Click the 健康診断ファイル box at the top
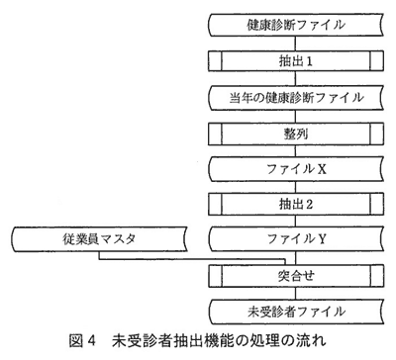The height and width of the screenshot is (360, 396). click(x=296, y=25)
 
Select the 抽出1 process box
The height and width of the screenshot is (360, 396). click(x=296, y=61)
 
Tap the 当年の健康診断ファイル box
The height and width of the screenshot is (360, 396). click(x=296, y=98)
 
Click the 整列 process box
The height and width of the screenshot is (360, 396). click(x=296, y=134)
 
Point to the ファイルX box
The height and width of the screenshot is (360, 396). click(x=296, y=169)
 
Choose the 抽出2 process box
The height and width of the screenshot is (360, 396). click(x=296, y=204)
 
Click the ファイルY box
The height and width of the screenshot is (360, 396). click(x=296, y=238)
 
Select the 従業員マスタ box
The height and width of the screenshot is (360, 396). click(x=99, y=238)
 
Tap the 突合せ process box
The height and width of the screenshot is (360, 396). click(x=296, y=276)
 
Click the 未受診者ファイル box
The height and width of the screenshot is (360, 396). click(x=296, y=312)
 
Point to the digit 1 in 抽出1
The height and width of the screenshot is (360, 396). click(x=309, y=61)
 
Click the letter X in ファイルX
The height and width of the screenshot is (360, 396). click(x=322, y=169)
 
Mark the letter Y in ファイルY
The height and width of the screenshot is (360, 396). click(x=322, y=239)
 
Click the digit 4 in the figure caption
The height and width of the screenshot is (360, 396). click(x=91, y=341)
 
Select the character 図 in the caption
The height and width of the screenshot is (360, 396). click(x=75, y=341)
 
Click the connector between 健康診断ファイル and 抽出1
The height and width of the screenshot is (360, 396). click(x=296, y=44)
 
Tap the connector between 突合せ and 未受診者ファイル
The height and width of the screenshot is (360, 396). click(x=296, y=293)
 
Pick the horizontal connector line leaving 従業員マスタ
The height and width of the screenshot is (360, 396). click(x=192, y=259)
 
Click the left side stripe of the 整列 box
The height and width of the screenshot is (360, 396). click(x=215, y=134)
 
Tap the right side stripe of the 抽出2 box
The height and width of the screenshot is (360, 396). click(x=377, y=204)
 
